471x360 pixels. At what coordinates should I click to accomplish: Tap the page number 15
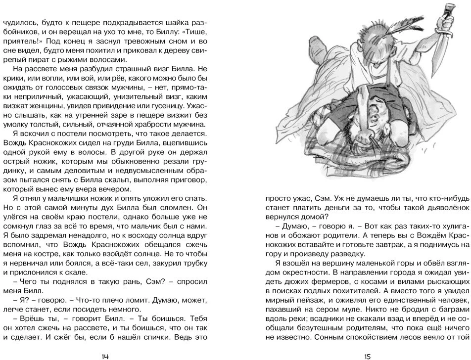coord(367,355)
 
